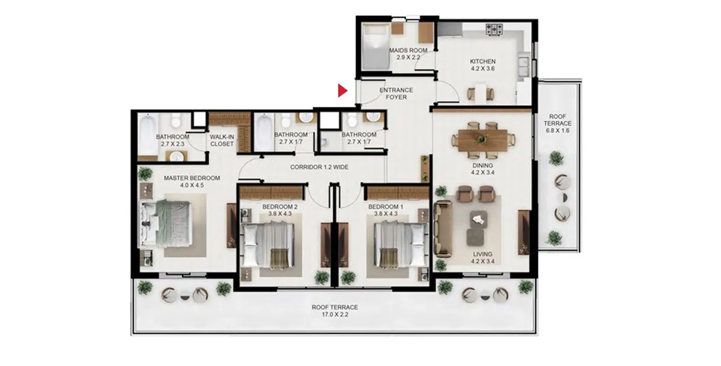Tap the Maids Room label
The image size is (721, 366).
click(408, 54)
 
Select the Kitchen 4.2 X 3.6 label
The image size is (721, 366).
click(483, 65)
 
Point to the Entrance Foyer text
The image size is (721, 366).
click(396, 93)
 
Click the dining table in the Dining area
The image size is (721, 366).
click(483, 139)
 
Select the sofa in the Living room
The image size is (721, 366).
click(443, 227)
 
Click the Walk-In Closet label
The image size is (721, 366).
click(221, 140)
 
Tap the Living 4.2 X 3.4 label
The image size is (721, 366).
click(483, 257)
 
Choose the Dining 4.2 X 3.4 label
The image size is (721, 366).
click(483, 169)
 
